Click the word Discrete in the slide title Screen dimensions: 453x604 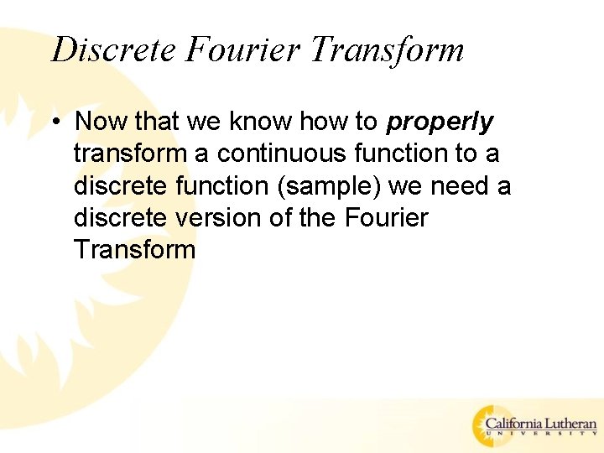113,49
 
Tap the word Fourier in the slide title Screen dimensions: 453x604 242,49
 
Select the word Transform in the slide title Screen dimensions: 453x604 387,49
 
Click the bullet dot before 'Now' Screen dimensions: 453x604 55,122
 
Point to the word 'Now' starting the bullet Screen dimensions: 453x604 102,122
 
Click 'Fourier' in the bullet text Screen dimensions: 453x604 386,218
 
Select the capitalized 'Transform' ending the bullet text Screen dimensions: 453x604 134,250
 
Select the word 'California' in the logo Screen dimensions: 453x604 523,424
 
